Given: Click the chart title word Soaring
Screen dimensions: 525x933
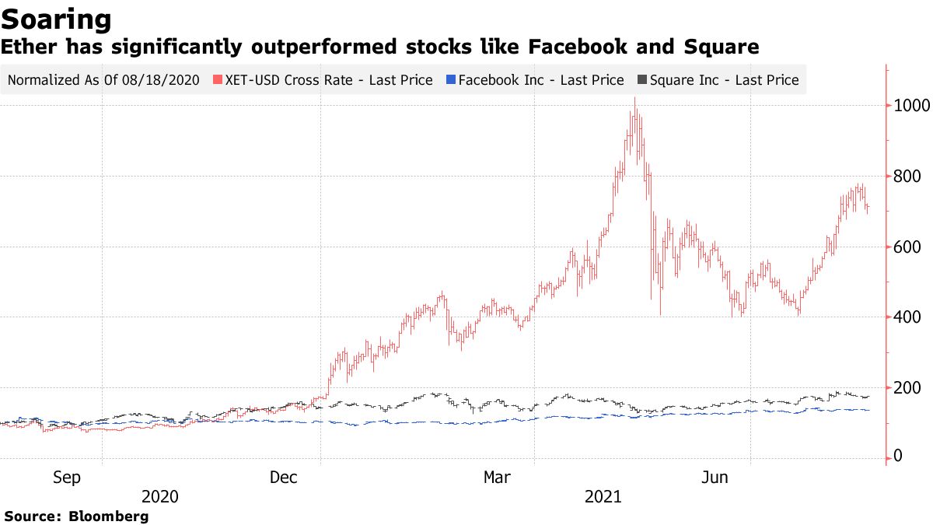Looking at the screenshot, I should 56,19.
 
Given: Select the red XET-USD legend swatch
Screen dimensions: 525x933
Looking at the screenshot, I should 218,80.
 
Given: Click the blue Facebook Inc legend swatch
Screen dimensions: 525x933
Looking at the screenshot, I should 451,80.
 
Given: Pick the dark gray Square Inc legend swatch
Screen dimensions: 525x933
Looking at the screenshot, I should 642,80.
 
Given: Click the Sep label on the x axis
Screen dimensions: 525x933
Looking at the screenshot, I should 66,478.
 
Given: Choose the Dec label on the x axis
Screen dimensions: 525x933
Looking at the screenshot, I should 284,478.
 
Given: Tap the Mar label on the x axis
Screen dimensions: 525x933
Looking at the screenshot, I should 498,478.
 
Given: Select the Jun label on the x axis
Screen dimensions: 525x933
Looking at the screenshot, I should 715,478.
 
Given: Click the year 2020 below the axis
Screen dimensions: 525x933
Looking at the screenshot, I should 161,496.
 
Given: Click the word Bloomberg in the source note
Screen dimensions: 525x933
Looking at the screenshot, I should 108,516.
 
